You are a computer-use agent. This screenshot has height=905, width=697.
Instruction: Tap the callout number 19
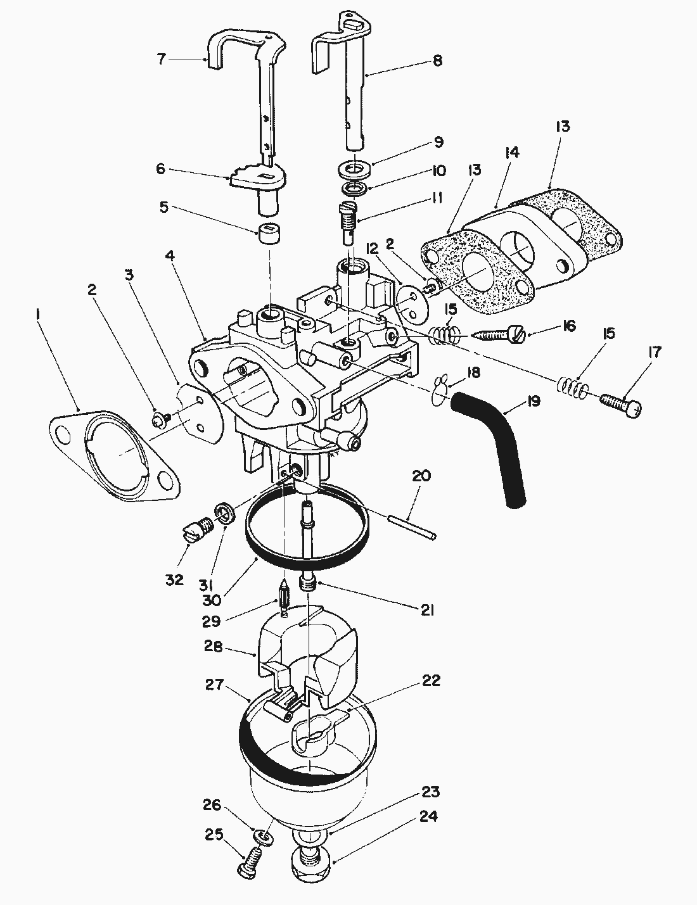click(534, 401)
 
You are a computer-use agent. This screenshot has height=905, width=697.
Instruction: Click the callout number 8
click(437, 61)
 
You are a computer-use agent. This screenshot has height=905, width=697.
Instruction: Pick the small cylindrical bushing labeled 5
click(268, 237)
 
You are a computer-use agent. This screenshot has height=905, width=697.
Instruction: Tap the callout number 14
click(512, 153)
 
